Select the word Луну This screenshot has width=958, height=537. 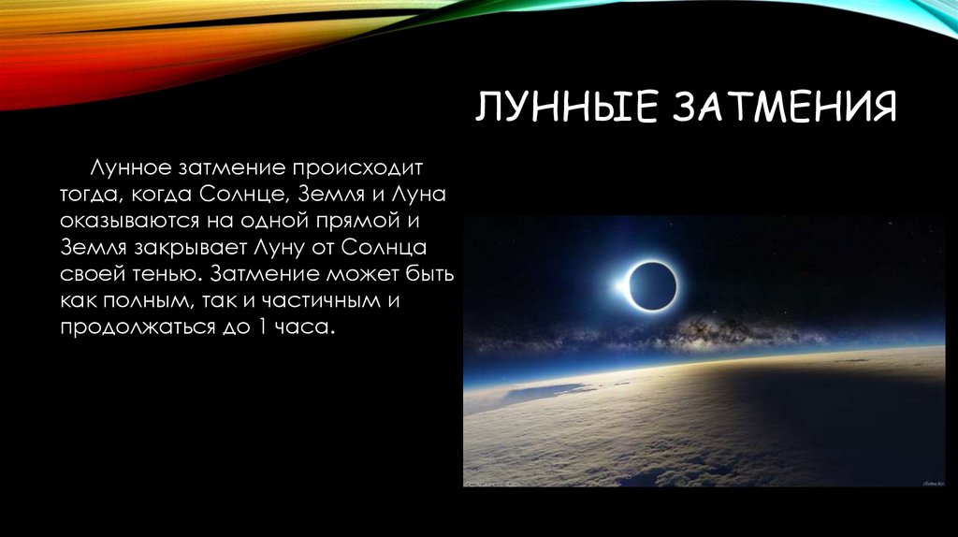tap(281, 250)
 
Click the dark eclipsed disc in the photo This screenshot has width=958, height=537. tap(652, 286)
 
